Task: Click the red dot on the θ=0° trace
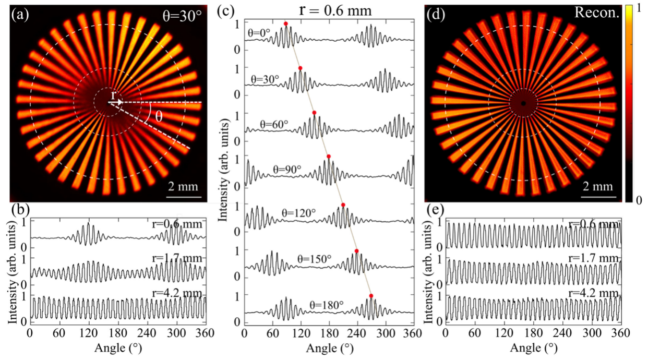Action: (285, 23)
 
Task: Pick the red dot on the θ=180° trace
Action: (371, 296)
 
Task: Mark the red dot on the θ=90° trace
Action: (328, 157)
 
